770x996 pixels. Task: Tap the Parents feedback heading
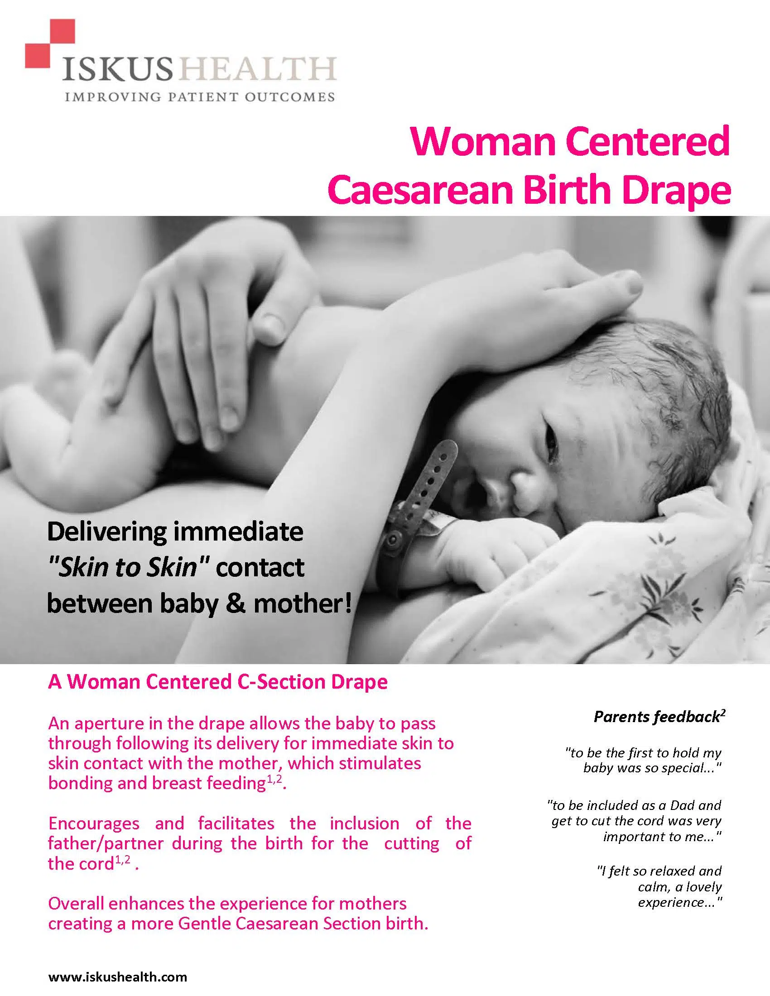pos(659,717)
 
